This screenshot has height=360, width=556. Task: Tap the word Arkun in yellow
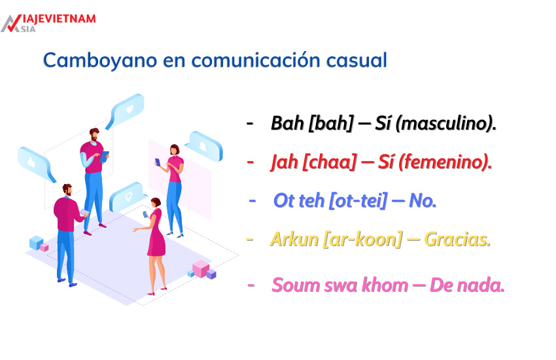coord(294,240)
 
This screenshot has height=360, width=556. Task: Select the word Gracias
coord(457,240)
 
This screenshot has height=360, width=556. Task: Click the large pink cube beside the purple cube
coord(200,268)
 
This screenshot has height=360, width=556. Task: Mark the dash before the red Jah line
coord(250,162)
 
